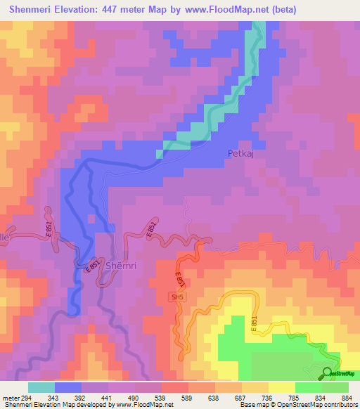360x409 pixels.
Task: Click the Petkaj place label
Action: click(x=240, y=152)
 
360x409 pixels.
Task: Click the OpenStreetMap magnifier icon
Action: click(x=328, y=373)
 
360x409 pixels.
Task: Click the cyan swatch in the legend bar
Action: click(x=41, y=387)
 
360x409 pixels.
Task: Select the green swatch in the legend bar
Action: click(x=308, y=387)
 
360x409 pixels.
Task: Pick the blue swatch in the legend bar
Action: click(x=68, y=387)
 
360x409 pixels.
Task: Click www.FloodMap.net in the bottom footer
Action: click(x=146, y=405)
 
